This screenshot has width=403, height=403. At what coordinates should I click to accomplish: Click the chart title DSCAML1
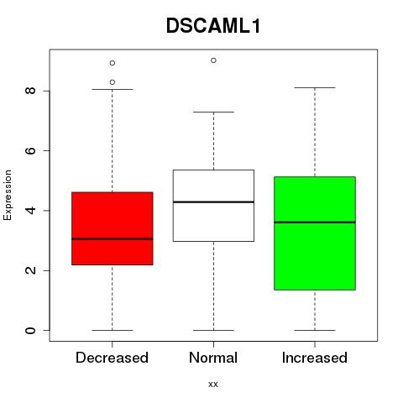coord(213,26)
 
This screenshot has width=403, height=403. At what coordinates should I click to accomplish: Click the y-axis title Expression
coord(8,195)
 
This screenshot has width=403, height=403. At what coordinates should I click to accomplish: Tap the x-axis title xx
coord(213,384)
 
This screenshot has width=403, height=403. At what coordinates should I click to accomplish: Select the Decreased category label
coord(112,358)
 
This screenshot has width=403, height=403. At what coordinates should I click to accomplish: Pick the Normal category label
coord(213,358)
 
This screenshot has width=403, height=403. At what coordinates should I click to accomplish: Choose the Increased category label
coord(315,358)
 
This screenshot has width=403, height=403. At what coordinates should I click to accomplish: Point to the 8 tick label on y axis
coord(30,91)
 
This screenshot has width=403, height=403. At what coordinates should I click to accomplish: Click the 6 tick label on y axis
coord(30,150)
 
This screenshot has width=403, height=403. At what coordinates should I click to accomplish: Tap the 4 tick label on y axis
coord(30,211)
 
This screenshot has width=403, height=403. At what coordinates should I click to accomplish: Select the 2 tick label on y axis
coord(30,270)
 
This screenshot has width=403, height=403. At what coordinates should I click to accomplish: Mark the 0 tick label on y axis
coord(30,330)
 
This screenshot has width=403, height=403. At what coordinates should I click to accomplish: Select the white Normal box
coord(213,206)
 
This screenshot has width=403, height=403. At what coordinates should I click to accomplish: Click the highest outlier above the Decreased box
coord(113,63)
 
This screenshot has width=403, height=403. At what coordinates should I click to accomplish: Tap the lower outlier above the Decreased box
coord(113,82)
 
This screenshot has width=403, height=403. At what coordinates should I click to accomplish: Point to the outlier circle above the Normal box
coord(213,60)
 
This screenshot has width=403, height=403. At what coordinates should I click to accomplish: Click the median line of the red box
coord(113,239)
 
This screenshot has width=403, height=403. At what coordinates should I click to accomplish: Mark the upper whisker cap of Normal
coord(213,112)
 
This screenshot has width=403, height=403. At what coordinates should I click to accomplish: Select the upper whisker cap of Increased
coord(315,87)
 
